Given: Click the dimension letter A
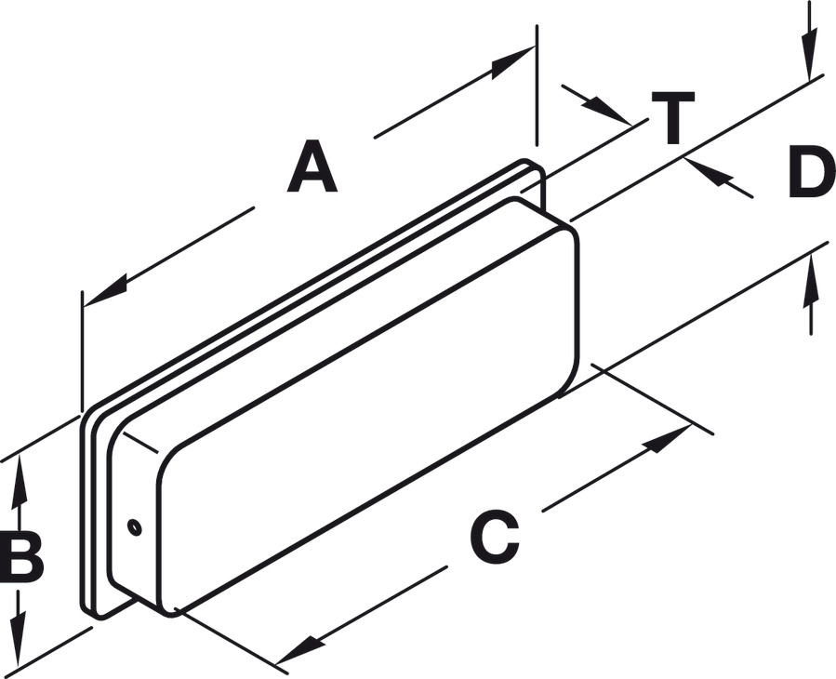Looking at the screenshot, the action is point(312,167).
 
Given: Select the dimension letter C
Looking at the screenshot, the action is point(494,539).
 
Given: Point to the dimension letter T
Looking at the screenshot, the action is point(672,118).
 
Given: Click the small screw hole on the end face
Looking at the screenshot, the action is point(135,527).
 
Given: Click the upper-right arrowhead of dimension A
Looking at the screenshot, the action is point(511,61).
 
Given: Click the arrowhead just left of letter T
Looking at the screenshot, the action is point(614,113).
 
